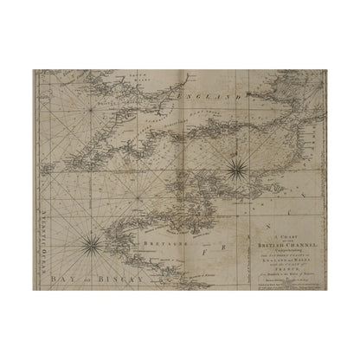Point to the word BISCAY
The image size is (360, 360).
pyautogui.click(x=117, y=279)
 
